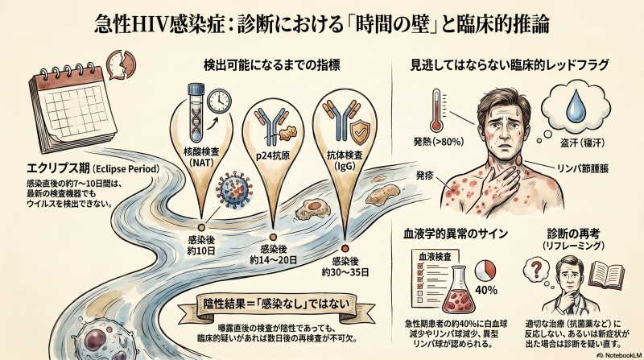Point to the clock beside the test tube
217,101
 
